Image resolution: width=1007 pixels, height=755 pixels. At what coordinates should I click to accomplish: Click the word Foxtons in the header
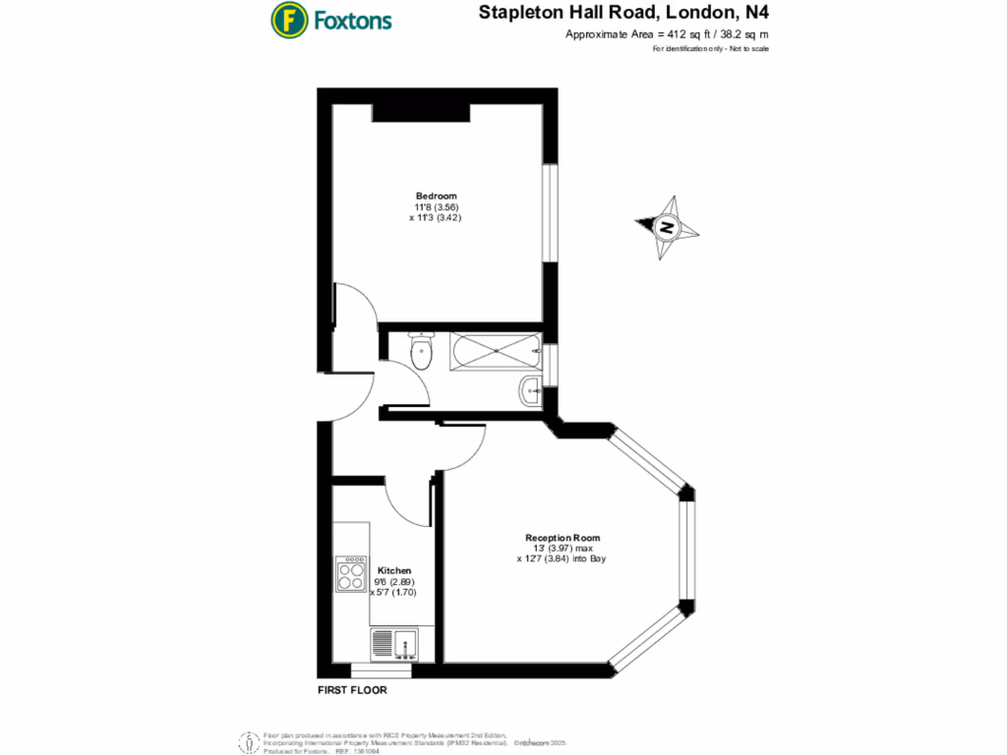coord(353,20)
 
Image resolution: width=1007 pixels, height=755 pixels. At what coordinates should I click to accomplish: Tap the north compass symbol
coord(668,227)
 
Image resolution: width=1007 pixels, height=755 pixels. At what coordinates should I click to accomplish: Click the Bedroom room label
coord(436,196)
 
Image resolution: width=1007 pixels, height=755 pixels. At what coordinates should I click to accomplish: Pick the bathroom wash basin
coord(531,392)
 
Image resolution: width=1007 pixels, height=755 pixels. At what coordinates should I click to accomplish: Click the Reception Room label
coord(563,538)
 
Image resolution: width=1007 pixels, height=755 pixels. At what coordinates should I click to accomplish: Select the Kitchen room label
coord(394,570)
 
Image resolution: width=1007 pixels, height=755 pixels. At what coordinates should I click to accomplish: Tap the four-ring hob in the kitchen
coord(350,573)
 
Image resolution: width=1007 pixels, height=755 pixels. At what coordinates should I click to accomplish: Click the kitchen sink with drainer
coord(395,645)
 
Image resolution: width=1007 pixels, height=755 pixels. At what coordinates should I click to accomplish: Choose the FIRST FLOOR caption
coord(352,690)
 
